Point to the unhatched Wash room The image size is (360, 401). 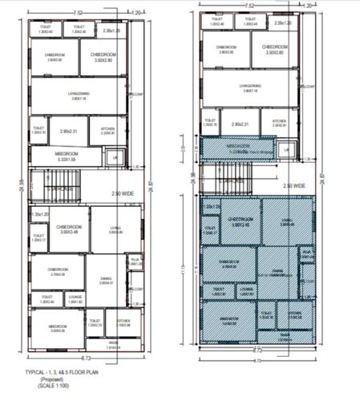112,346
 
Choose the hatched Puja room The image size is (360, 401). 305,255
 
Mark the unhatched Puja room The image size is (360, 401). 134,260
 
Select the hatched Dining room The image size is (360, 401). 277,273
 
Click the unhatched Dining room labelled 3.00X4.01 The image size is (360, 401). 105,278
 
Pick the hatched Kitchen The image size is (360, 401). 293,315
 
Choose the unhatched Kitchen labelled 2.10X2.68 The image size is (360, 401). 123,322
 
